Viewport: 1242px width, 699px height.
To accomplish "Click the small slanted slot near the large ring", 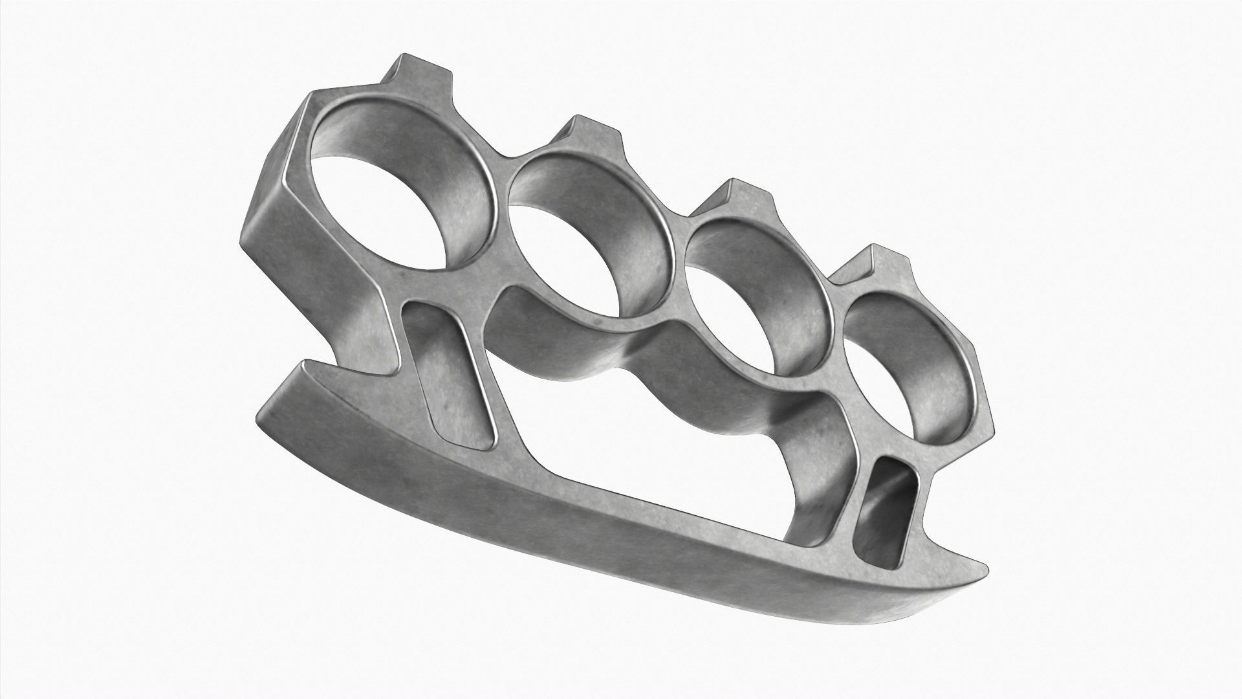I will pos(446,375).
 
